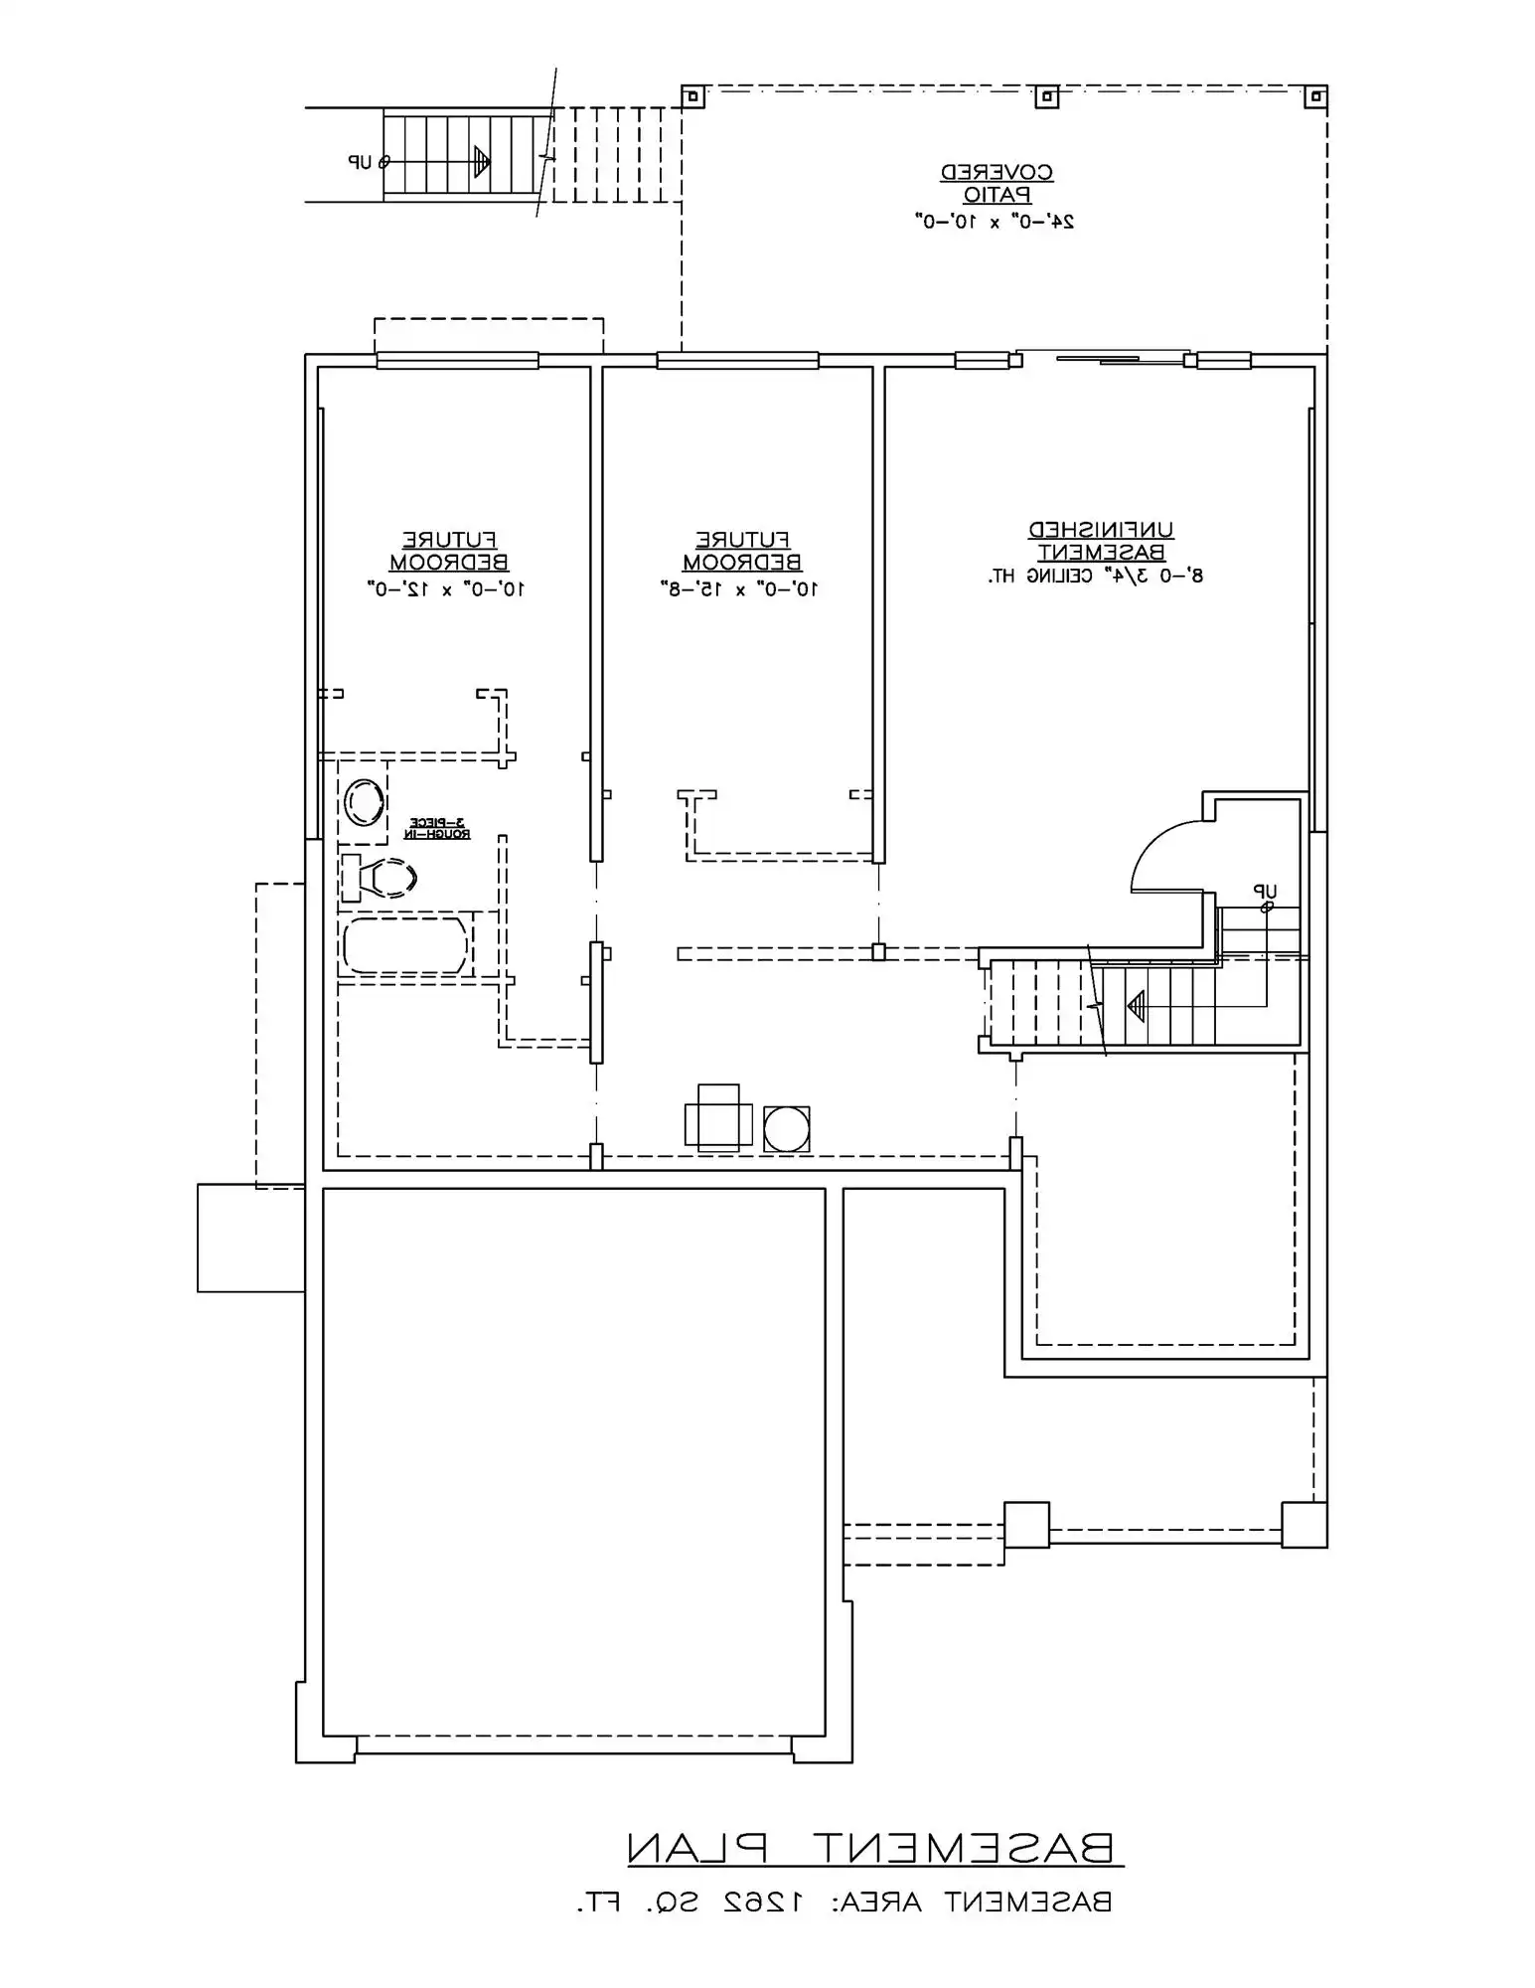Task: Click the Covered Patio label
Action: pos(997,184)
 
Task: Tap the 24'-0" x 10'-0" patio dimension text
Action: pos(995,221)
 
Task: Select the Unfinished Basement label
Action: pos(1101,541)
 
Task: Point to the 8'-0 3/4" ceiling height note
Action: pos(1095,576)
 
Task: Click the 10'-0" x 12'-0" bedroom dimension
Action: pos(446,588)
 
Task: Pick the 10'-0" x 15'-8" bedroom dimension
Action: pos(739,588)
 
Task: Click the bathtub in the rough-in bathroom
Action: pos(404,945)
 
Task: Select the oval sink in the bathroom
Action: pos(364,803)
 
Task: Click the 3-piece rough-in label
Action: pos(437,828)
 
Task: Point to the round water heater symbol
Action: pos(787,1129)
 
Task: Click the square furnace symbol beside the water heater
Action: pos(717,1119)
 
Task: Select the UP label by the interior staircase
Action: pos(1265,892)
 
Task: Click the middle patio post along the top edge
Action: pos(1046,97)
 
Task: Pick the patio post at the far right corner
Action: pos(1315,97)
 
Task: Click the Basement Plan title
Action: pos(874,1848)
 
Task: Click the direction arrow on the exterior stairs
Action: pos(483,161)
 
